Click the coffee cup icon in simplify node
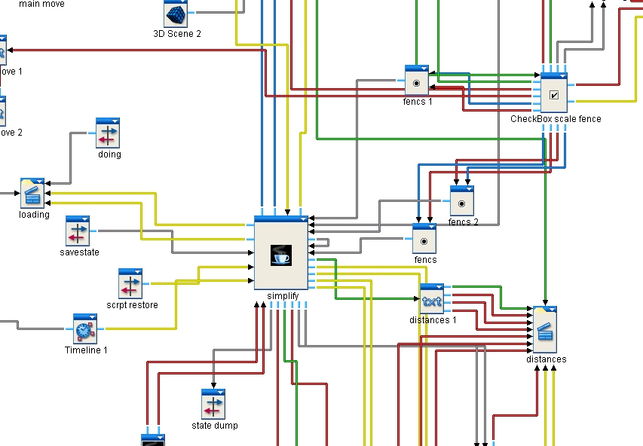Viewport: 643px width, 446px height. pos(281,255)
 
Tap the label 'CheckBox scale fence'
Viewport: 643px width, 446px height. pos(556,119)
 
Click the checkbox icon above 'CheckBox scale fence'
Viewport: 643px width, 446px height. pos(554,95)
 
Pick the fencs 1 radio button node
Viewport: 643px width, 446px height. pos(417,82)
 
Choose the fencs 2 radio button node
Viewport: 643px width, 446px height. pos(462,203)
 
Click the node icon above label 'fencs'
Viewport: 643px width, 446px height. pos(424,240)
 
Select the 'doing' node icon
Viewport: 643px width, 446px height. pos(109,134)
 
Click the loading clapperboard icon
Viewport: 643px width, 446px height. pos(33,194)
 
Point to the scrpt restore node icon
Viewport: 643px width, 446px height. pos(130,285)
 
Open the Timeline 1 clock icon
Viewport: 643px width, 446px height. pos(85,330)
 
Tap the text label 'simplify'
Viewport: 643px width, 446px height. pos(283,296)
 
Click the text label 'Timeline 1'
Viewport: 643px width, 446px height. pos(85,350)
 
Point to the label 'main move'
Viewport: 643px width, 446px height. pos(41,5)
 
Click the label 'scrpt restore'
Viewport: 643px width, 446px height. pos(133,305)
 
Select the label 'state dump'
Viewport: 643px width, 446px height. pos(215,426)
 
